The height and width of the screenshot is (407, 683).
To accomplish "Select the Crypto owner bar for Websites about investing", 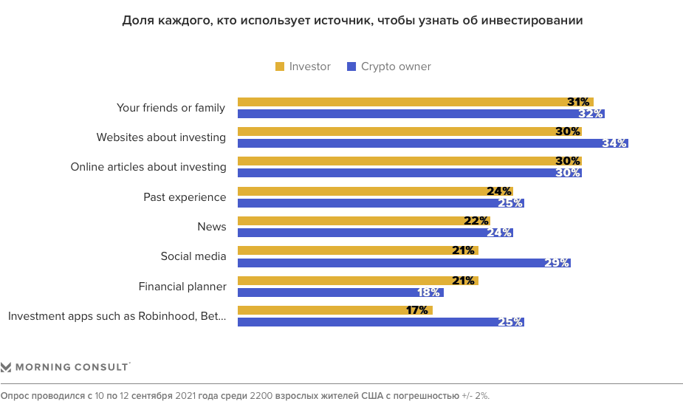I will (432, 143).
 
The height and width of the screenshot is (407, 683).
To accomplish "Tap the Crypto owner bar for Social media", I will (403, 263).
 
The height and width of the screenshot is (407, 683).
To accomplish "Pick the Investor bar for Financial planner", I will (357, 281).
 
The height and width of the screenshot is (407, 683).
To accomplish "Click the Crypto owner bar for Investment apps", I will (380, 322).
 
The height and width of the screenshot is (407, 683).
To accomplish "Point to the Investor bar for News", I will (363, 221).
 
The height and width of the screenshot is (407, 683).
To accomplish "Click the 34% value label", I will (615, 143).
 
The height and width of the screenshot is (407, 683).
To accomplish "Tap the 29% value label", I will (557, 263).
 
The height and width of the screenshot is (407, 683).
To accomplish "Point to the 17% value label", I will (417, 310).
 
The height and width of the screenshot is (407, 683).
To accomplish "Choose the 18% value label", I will (430, 293).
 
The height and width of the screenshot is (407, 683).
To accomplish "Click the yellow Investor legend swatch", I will (280, 67).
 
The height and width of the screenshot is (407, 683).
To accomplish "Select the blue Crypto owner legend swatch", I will (351, 67).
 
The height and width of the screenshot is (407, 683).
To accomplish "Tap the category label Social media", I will (193, 256).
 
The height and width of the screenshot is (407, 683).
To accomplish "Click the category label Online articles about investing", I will (148, 167).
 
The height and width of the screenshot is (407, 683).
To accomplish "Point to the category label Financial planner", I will (182, 287).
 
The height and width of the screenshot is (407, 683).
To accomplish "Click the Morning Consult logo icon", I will (6, 367).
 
